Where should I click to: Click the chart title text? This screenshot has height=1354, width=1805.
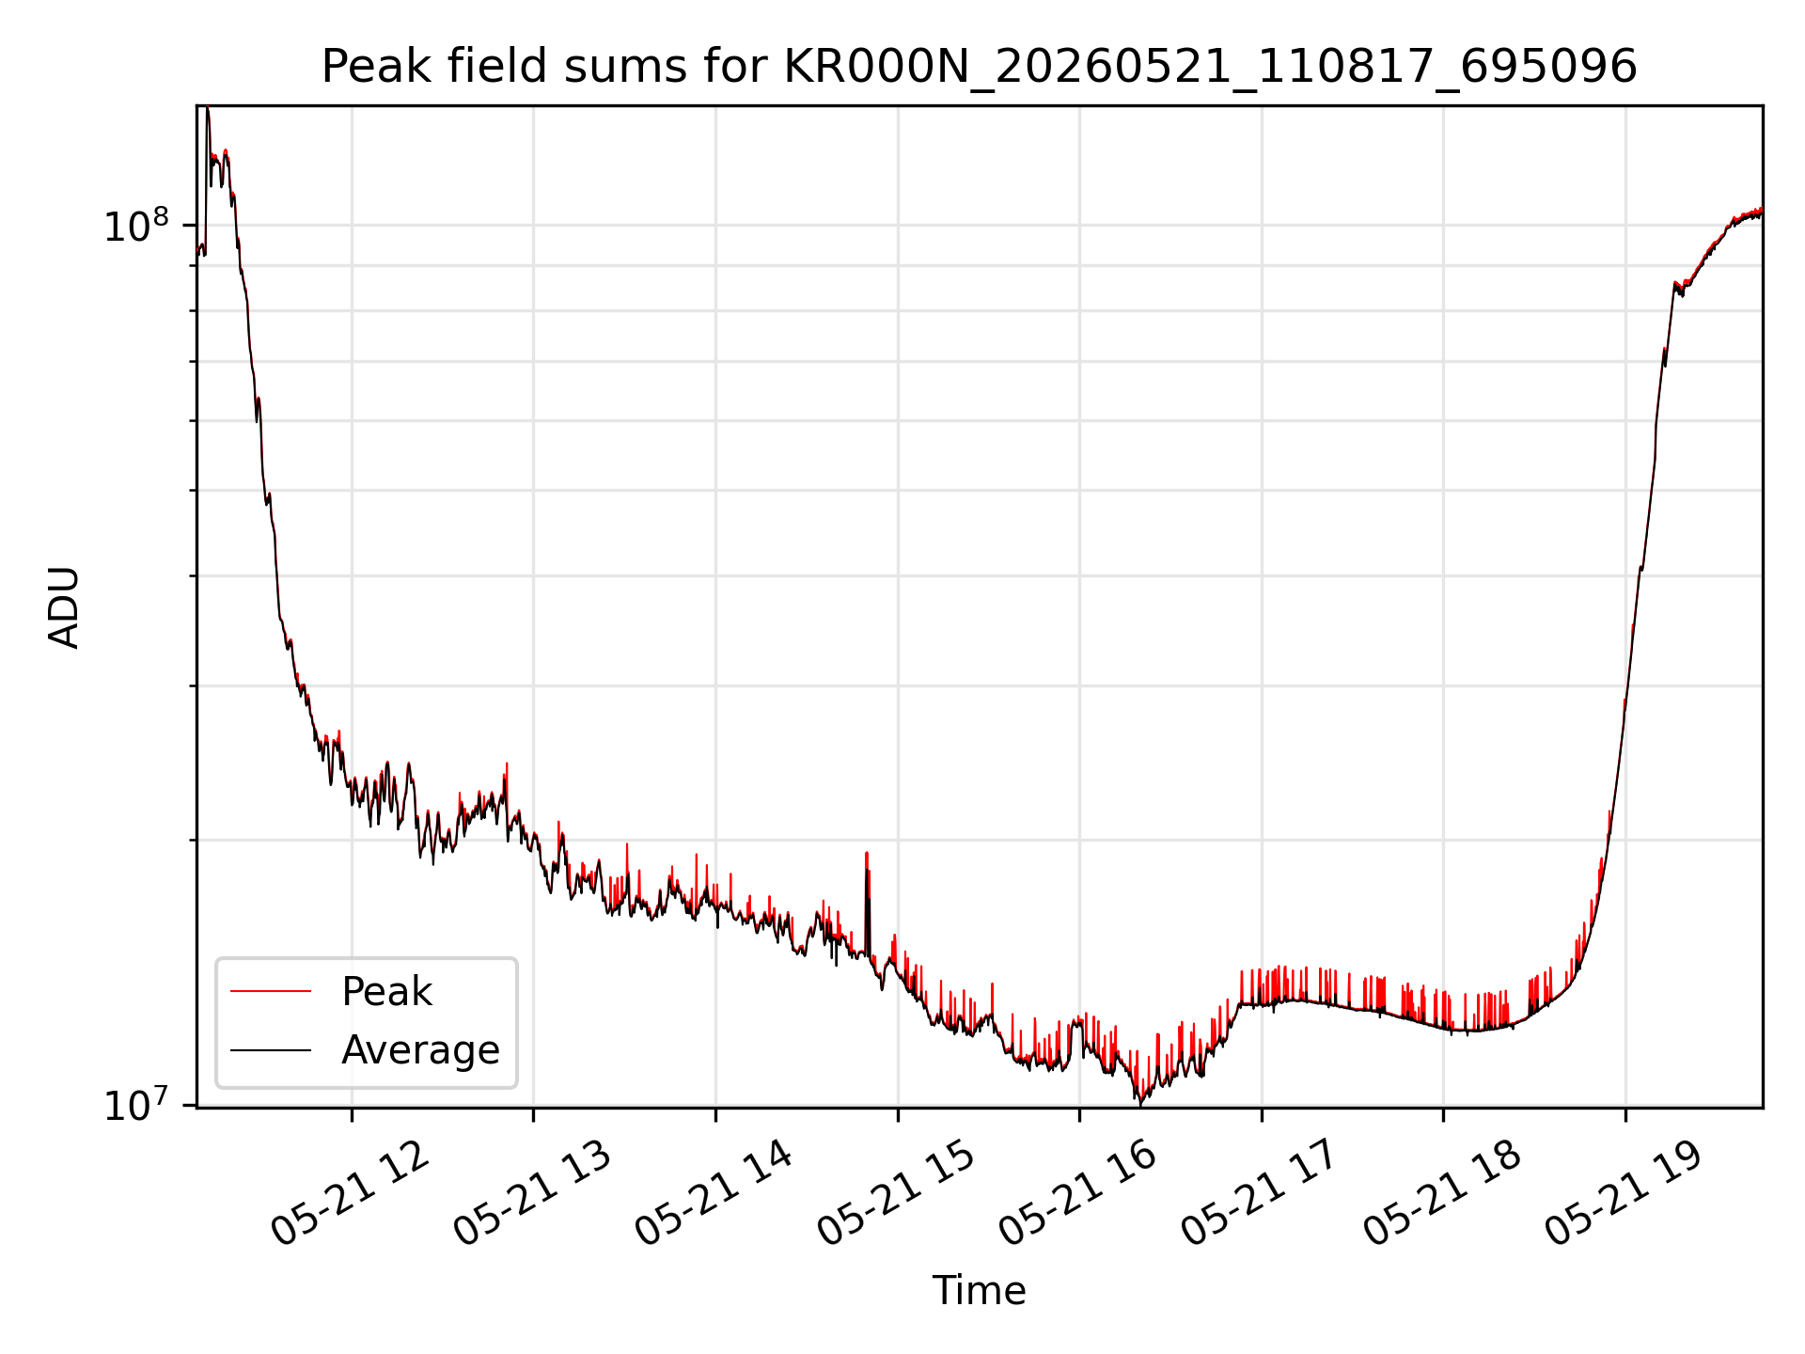(980, 67)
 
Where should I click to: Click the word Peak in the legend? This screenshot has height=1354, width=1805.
(386, 992)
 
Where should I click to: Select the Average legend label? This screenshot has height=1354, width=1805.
(420, 1050)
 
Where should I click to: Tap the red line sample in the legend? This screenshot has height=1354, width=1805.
(271, 991)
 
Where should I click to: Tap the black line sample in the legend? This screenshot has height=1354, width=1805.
(271, 1049)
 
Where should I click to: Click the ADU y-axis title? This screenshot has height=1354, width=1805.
(64, 606)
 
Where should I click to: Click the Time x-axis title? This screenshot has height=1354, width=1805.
(979, 1290)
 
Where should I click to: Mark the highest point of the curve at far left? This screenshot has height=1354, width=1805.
(208, 109)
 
